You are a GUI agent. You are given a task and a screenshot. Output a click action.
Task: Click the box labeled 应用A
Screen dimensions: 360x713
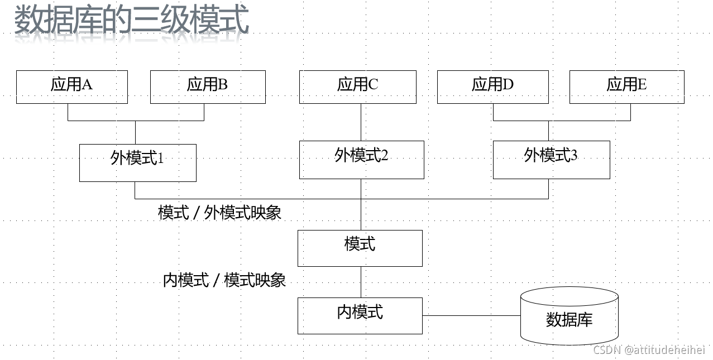tap(71, 87)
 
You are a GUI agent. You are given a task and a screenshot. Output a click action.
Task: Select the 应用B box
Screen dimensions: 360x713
tap(207, 87)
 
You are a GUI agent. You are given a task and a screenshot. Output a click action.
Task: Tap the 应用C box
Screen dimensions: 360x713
tap(357, 87)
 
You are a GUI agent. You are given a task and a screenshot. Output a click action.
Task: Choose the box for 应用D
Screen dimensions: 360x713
tap(492, 87)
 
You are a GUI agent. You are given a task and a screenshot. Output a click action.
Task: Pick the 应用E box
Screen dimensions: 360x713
tap(626, 87)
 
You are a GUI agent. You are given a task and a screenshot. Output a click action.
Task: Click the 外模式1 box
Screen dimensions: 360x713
tap(137, 162)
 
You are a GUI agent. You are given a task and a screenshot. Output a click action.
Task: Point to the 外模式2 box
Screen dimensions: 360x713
tap(361, 160)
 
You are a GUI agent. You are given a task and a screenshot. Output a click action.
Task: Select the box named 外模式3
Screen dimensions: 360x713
tap(551, 160)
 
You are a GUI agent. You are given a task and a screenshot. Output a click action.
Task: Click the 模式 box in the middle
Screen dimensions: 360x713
tap(360, 248)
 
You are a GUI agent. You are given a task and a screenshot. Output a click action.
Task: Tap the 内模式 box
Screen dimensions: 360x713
tap(360, 315)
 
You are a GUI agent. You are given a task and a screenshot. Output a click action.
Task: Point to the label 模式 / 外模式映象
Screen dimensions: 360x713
tap(219, 213)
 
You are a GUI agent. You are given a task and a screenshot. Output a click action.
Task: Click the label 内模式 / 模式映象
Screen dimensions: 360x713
tap(224, 280)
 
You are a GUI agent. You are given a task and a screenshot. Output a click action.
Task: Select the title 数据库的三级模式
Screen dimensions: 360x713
tap(131, 21)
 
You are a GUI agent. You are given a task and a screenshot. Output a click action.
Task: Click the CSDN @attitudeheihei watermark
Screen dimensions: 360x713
tap(649, 350)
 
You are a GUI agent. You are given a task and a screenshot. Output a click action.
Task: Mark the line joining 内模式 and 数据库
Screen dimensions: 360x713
tap(471, 315)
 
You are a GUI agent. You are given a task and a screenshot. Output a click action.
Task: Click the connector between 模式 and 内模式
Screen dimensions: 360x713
tap(360, 282)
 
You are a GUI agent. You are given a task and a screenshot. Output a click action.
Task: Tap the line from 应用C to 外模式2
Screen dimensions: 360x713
tap(360, 122)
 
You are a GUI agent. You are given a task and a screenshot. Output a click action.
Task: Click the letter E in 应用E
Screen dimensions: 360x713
tap(642, 85)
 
